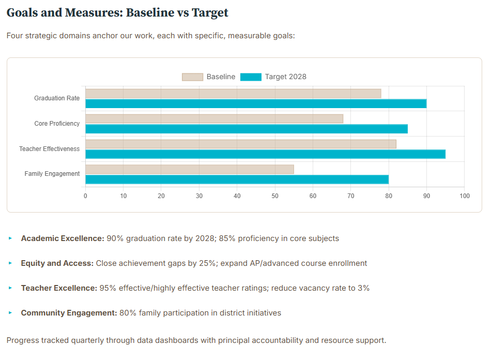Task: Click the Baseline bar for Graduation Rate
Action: point(233,94)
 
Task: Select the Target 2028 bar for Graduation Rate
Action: point(255,103)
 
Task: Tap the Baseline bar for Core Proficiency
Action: point(214,119)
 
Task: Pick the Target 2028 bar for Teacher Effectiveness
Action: point(265,154)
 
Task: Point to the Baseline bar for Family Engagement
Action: point(189,169)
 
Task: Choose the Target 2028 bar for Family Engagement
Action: point(237,179)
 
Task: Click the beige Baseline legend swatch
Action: point(192,77)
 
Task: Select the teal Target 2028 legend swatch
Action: point(251,77)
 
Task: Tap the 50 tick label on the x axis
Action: point(275,196)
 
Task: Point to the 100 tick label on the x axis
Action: point(464,196)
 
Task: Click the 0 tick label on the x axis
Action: point(85,196)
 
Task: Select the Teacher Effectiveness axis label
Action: point(50,149)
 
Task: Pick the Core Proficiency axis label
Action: point(57,124)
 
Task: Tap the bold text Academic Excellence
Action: point(63,238)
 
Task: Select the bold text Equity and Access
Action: point(57,263)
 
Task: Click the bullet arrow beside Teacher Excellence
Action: point(10,288)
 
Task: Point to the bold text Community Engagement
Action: point(69,313)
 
